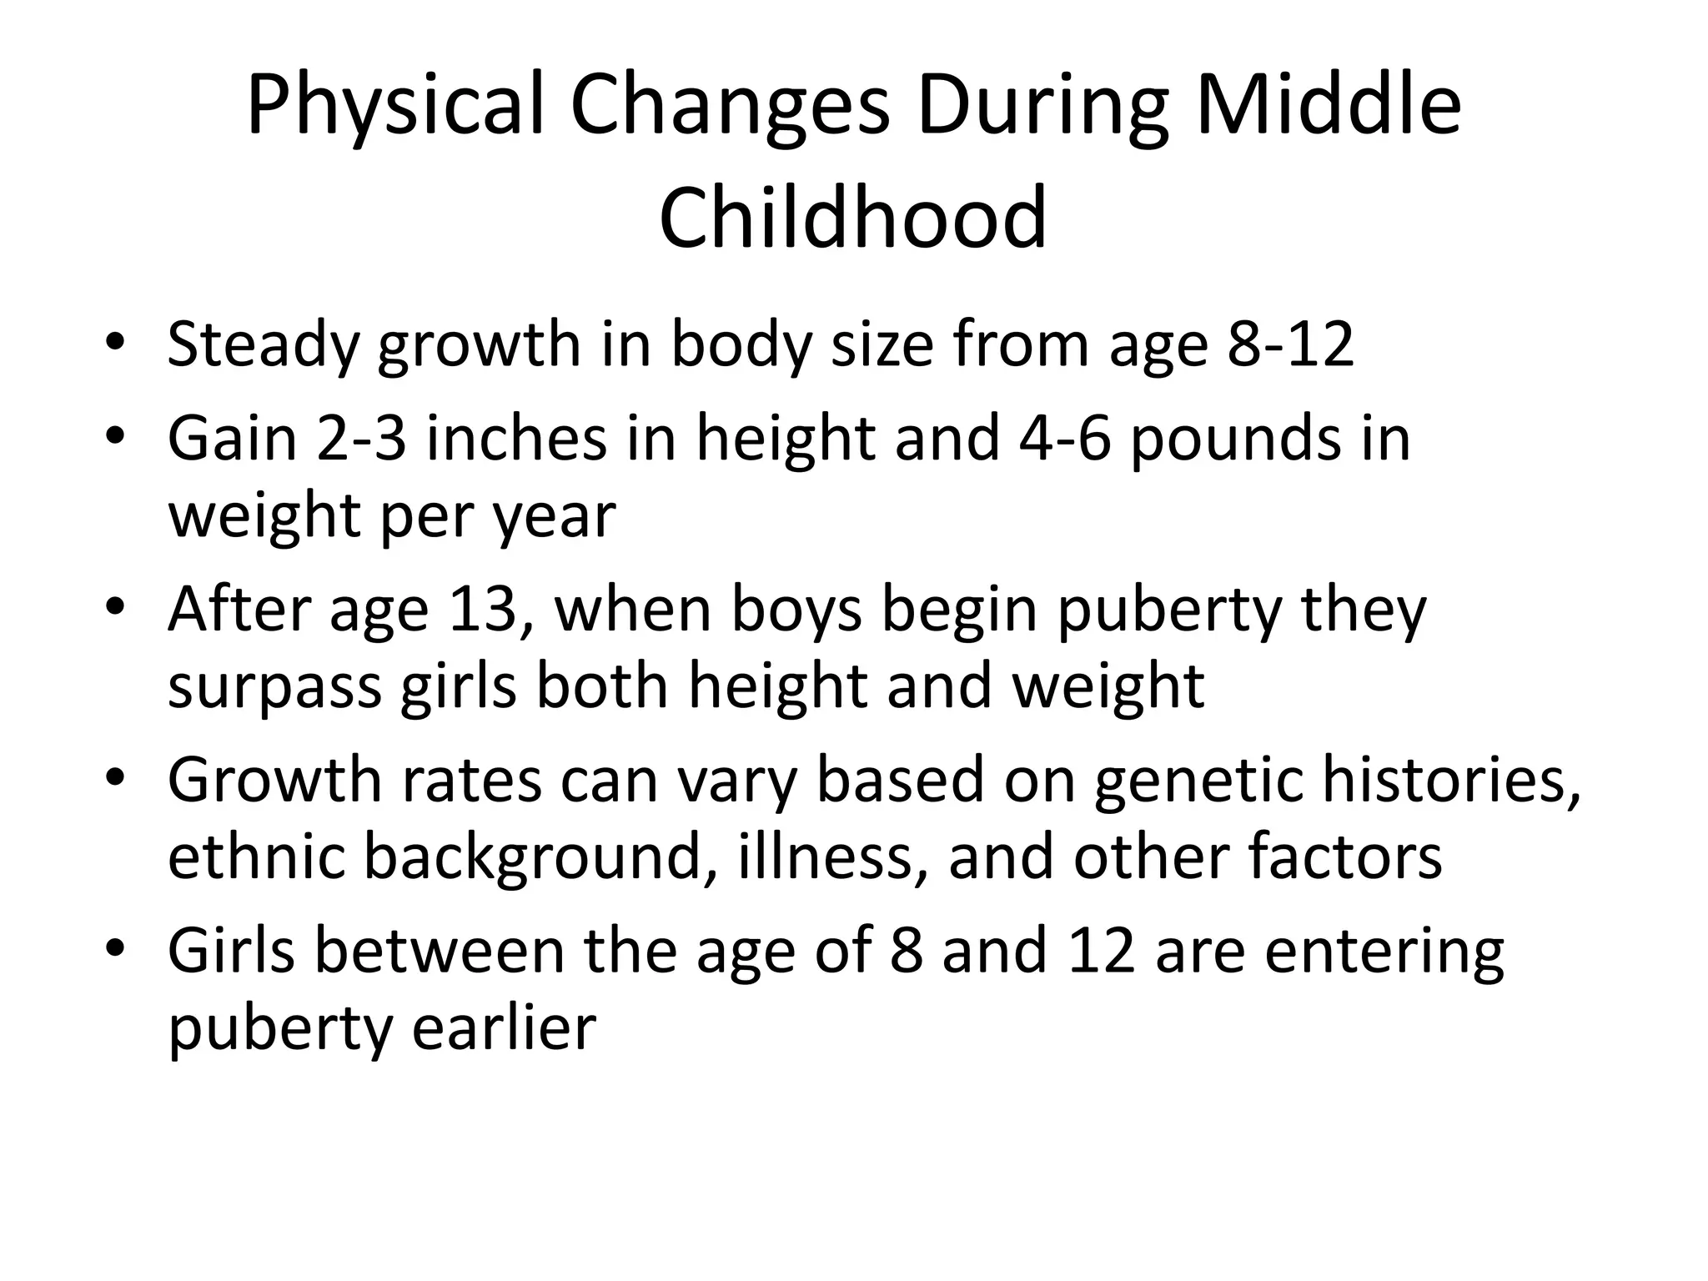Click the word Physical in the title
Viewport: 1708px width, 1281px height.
[394, 107]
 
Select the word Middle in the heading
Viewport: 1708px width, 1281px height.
[1329, 105]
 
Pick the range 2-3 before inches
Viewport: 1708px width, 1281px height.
[361, 439]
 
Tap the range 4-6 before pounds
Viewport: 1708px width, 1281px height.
[1065, 439]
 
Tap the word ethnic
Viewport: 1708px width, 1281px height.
[256, 857]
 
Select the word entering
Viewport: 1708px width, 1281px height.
[1384, 952]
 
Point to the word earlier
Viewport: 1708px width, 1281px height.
[505, 1027]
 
